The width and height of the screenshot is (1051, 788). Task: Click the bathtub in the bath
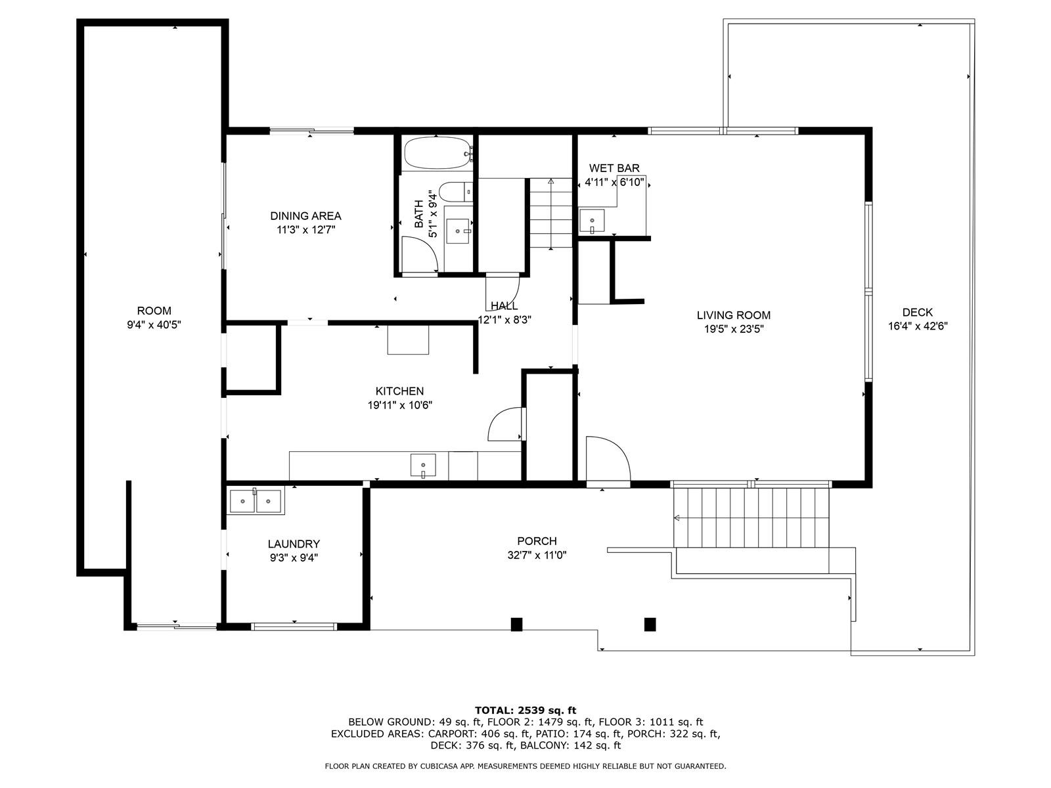pyautogui.click(x=438, y=153)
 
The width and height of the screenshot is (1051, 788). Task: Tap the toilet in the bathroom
pyautogui.click(x=455, y=192)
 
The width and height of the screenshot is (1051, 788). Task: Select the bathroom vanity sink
pyautogui.click(x=458, y=232)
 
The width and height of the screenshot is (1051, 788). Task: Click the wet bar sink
pyautogui.click(x=592, y=221)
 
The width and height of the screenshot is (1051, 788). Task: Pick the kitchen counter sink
pyautogui.click(x=423, y=466)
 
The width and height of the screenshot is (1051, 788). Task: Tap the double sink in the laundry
pyautogui.click(x=256, y=501)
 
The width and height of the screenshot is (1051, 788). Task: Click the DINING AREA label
pyautogui.click(x=305, y=216)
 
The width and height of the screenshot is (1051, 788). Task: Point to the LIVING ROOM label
pyautogui.click(x=734, y=315)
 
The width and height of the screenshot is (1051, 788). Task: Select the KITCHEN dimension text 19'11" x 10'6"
pyautogui.click(x=400, y=405)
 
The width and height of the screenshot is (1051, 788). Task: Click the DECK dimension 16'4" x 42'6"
pyautogui.click(x=918, y=326)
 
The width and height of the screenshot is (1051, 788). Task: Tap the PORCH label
pyautogui.click(x=537, y=541)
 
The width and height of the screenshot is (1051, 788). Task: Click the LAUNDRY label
pyautogui.click(x=294, y=544)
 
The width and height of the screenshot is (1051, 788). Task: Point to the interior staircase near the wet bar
pyautogui.click(x=550, y=213)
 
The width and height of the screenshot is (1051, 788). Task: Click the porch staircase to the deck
pyautogui.click(x=751, y=517)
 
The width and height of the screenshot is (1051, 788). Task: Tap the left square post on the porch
pyautogui.click(x=516, y=624)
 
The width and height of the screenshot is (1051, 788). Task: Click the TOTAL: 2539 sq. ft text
pyautogui.click(x=525, y=710)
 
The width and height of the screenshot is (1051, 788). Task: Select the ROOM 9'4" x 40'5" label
pyautogui.click(x=154, y=318)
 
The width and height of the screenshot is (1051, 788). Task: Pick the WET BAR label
pyautogui.click(x=614, y=168)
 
